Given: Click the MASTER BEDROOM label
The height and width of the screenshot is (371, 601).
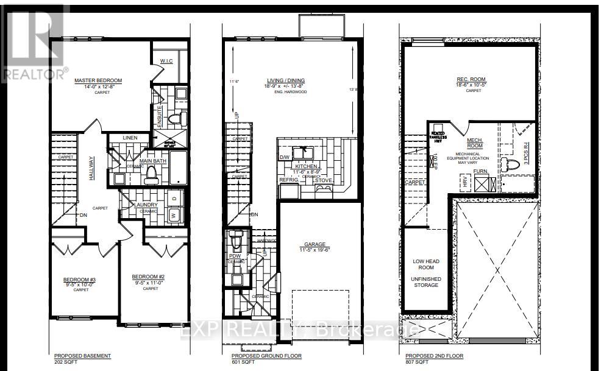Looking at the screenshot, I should tap(98, 80).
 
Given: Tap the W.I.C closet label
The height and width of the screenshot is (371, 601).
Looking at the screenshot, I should tap(168, 61).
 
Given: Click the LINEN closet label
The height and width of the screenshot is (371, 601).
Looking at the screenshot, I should tap(130, 138).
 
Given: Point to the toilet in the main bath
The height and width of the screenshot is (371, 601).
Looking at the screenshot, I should tap(151, 175).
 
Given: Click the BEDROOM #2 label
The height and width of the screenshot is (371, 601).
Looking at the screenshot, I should tap(148, 277).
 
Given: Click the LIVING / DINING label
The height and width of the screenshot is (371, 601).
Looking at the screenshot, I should tap(286, 80).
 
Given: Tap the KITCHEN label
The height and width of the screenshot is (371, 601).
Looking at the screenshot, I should tap(306, 166).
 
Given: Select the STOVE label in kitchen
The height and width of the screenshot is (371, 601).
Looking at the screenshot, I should tap(323, 180).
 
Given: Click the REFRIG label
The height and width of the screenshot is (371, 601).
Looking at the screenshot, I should tap(288, 180).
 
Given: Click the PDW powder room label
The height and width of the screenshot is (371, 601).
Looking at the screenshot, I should tap(235, 256).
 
